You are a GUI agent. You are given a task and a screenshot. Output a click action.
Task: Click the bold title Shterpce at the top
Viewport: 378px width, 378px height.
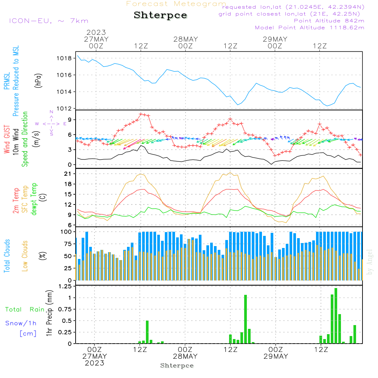[160, 15]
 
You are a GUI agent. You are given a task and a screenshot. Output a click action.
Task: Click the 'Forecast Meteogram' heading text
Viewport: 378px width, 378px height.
[176, 4]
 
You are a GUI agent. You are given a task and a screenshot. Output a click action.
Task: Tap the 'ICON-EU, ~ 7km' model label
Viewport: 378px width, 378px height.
[48, 21]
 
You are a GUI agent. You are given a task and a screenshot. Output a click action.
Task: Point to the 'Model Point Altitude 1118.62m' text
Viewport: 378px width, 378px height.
[310, 28]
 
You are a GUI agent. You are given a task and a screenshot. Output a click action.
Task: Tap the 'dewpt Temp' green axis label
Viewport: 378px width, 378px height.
[34, 199]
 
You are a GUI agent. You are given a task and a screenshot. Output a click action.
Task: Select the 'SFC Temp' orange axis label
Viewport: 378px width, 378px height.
[25, 199]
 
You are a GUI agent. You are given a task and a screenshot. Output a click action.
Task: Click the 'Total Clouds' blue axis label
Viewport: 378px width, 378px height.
[7, 256]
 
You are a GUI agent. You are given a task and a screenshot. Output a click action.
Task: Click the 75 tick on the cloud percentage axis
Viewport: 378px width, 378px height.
[67, 244]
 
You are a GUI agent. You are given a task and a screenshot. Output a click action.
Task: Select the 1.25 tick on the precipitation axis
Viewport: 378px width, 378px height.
[65, 286]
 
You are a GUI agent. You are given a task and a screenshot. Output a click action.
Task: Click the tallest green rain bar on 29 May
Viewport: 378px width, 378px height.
[336, 316]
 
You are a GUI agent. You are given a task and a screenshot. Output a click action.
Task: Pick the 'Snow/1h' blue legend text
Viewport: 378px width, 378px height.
[21, 323]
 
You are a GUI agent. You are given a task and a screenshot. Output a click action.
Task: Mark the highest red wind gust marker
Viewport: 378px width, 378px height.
[141, 114]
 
